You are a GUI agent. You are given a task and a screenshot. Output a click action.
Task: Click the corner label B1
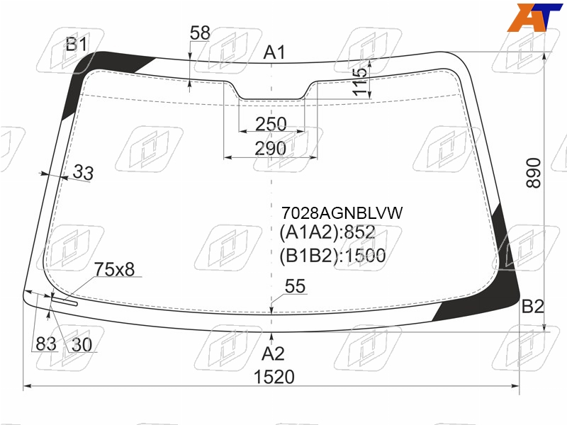77,45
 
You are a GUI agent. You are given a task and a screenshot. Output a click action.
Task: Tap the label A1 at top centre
274,52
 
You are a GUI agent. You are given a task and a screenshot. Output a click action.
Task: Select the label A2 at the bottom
273,353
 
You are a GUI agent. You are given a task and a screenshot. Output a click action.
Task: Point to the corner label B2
533,307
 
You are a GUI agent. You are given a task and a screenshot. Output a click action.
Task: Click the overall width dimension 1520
274,377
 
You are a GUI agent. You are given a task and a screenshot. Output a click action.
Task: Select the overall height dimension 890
534,173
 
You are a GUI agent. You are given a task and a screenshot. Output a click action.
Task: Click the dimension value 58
200,33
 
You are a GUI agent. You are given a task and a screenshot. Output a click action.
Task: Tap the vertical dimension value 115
360,81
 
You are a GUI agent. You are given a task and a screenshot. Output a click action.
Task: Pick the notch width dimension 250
271,124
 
